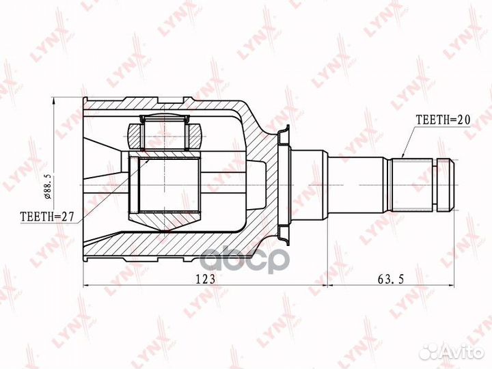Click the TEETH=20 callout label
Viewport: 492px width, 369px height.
(x=443, y=120)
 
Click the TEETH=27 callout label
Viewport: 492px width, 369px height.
(x=46, y=217)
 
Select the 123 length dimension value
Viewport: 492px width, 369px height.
(x=206, y=279)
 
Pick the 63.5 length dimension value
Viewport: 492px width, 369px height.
(x=391, y=279)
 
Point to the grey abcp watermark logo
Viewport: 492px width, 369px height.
(x=245, y=259)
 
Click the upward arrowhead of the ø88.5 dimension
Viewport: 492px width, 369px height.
(x=53, y=101)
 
